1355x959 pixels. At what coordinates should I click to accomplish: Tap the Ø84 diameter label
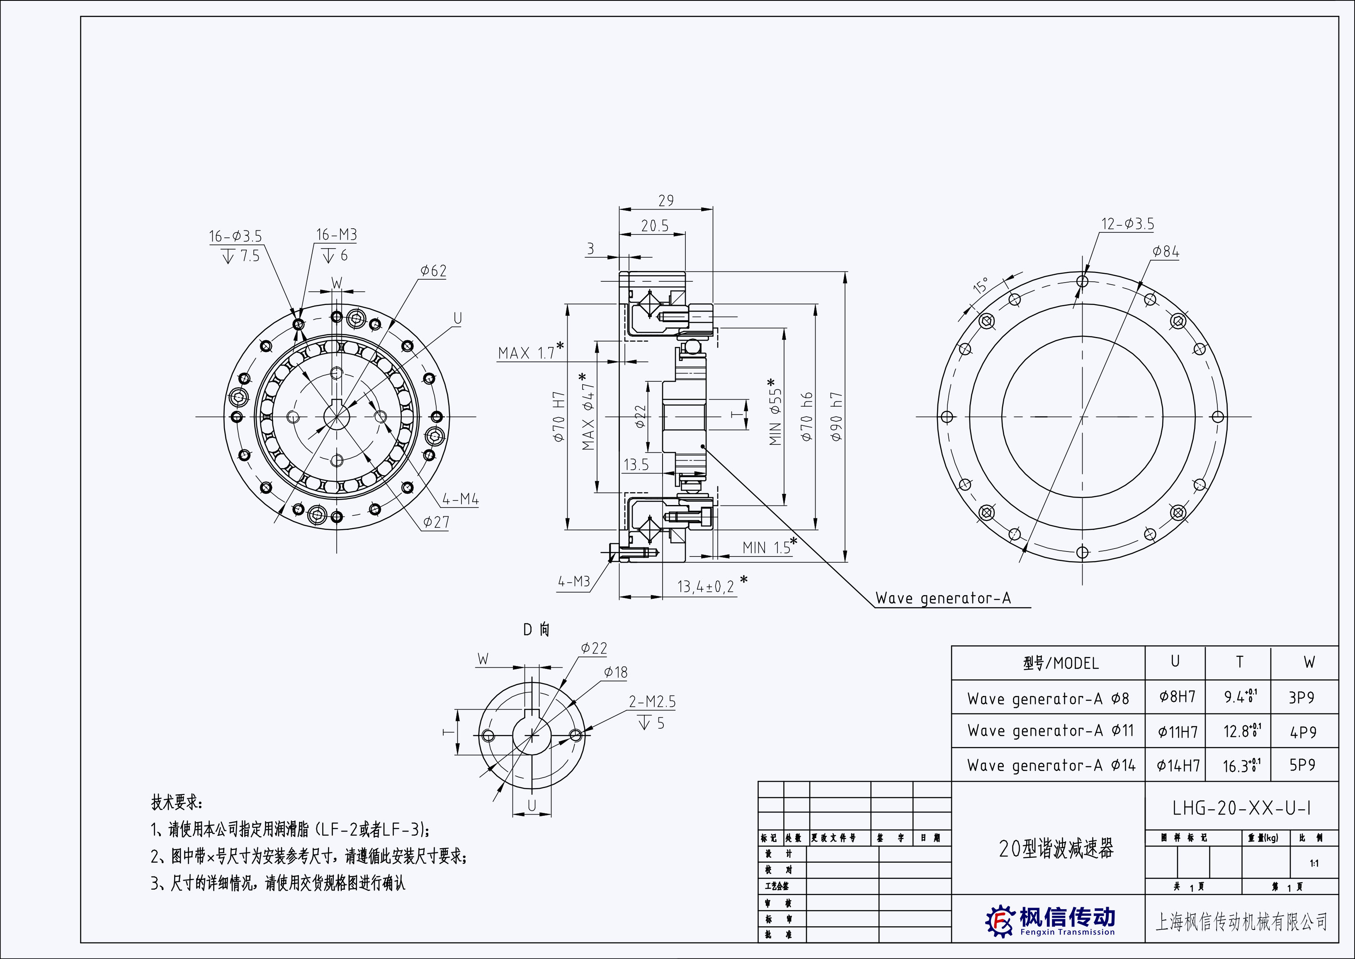click(1166, 252)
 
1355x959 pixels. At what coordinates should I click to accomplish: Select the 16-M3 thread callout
click(336, 235)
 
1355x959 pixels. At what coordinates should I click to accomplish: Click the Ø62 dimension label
click(433, 271)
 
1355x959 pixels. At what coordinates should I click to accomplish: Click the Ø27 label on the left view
click(435, 522)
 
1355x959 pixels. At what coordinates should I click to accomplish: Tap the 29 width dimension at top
click(666, 201)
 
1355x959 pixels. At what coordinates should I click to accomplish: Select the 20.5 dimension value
click(655, 226)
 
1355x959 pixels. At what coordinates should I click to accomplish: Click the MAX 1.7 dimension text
click(527, 353)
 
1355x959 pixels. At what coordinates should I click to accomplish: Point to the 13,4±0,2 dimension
click(705, 586)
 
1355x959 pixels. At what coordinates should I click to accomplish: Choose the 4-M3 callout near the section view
click(573, 582)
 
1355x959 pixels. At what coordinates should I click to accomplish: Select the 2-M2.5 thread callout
click(652, 702)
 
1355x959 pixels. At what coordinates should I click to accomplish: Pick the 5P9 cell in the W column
click(1302, 765)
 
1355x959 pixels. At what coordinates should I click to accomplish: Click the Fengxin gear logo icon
click(1000, 920)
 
